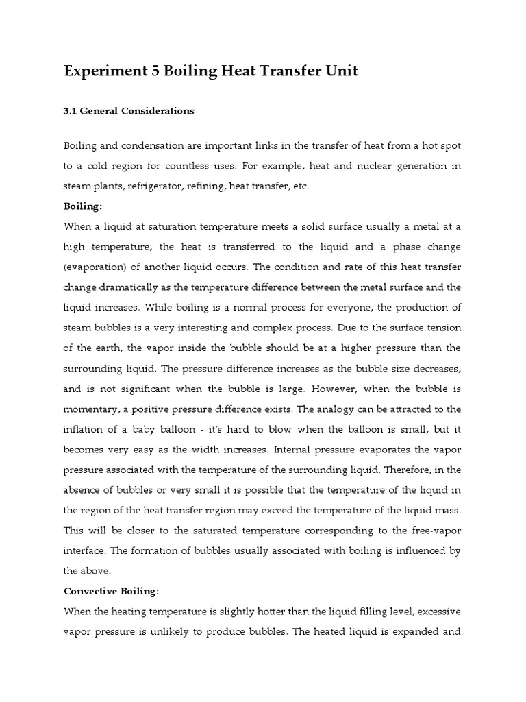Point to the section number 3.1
pyautogui.click(x=71, y=111)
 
